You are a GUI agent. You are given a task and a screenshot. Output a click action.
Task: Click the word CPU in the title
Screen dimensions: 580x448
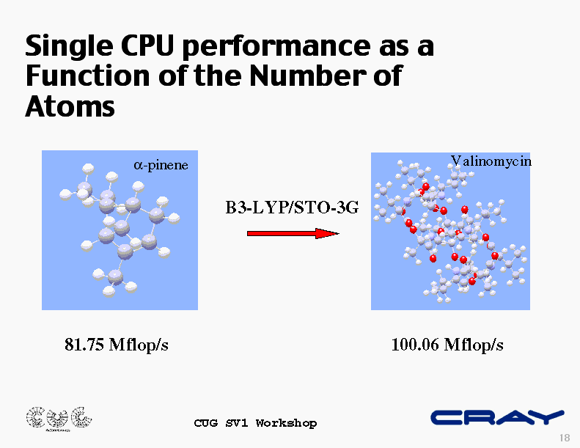coord(147,46)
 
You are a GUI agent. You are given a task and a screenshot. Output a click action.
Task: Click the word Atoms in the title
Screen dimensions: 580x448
coord(70,106)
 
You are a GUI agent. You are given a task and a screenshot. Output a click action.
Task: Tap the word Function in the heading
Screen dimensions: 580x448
coord(87,76)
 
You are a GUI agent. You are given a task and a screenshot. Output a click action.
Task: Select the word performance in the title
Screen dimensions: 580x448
coord(276,48)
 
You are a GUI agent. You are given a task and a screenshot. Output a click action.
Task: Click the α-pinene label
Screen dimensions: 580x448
coord(161,165)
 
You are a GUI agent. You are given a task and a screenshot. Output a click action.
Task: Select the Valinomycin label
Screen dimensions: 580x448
coord(491,161)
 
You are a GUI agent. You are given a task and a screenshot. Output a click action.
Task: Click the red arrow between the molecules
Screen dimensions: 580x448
coord(293,233)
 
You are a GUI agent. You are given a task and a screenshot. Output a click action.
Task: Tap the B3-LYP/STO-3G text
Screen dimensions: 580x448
coord(292,208)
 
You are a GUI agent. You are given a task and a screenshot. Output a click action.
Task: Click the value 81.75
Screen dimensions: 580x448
coord(84,345)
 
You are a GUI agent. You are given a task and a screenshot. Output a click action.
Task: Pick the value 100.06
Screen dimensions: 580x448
coord(415,345)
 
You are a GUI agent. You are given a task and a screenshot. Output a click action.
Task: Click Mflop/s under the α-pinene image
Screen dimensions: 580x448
coord(139,345)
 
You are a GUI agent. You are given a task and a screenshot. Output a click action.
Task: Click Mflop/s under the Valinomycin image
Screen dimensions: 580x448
coord(474,345)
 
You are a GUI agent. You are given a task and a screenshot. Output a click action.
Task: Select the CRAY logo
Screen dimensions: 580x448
coord(498,418)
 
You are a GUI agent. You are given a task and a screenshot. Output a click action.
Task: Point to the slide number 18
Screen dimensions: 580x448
coord(565,438)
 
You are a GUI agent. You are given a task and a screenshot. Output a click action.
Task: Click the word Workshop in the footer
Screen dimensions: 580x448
coord(286,423)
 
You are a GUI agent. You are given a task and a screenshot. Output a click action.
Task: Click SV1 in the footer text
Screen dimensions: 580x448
coord(237,423)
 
